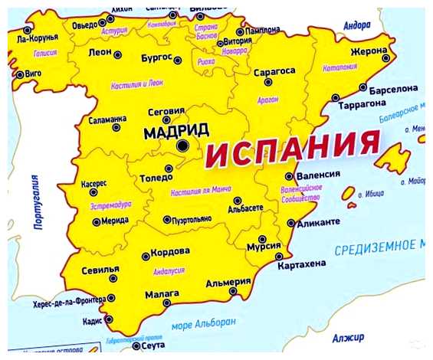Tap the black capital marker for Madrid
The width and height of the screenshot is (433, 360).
tap(182, 145)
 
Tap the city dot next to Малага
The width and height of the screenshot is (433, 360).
tap(167, 303)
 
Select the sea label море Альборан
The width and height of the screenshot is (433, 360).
tap(203, 324)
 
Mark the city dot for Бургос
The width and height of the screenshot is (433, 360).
tap(177, 59)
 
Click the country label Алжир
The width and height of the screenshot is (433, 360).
tap(349, 337)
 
